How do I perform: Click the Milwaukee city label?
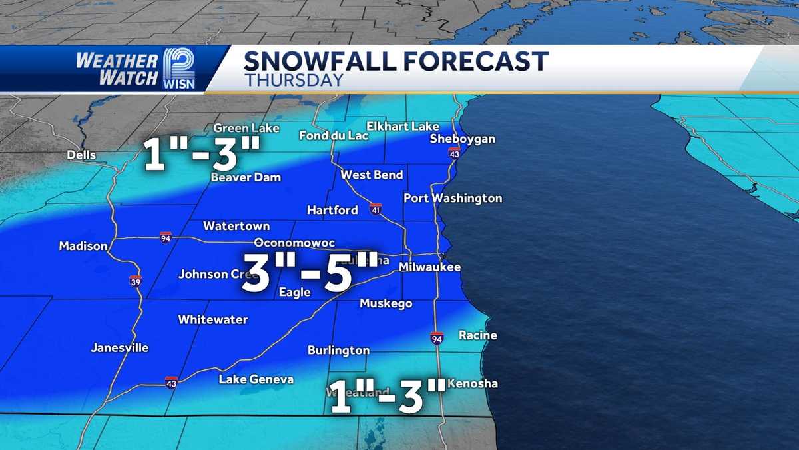[x=429, y=267]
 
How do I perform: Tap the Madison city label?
[x=83, y=246]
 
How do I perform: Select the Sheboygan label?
[x=463, y=139]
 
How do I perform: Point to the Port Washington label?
[x=453, y=198]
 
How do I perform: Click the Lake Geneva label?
[x=256, y=379]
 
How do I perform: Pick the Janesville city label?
[x=120, y=348]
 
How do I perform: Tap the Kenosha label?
[x=473, y=383]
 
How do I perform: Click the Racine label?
[x=478, y=335]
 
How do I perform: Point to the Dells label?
[x=81, y=155]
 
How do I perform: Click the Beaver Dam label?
[x=246, y=177]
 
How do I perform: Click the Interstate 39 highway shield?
[x=135, y=281]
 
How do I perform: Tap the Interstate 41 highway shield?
[x=376, y=209]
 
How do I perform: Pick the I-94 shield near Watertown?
[x=166, y=237]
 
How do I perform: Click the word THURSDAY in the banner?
[x=294, y=80]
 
